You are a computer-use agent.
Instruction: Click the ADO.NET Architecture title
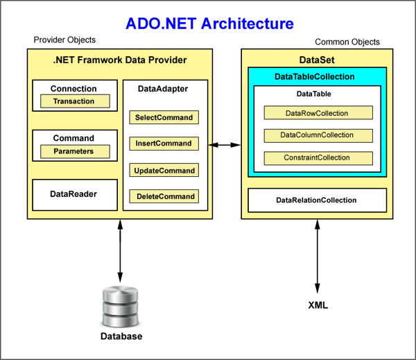[x=209, y=24]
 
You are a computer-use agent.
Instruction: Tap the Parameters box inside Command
[x=73, y=151]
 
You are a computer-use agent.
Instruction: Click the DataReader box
[x=73, y=194]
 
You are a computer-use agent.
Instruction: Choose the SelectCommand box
[x=164, y=117]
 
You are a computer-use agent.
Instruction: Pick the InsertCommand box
[x=164, y=144]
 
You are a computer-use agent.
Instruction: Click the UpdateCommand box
[x=164, y=170]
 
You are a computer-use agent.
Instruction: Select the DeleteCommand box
[x=164, y=196]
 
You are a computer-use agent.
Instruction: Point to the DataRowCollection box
[x=318, y=112]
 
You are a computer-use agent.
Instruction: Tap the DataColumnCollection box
[x=318, y=135]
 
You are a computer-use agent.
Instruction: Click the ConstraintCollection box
[x=318, y=157]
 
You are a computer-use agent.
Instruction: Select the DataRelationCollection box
[x=316, y=200]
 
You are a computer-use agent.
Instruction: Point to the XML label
[x=318, y=305]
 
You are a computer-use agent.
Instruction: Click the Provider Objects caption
[x=64, y=40]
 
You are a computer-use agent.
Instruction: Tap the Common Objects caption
[x=347, y=42]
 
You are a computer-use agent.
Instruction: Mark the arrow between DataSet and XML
[x=318, y=257]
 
